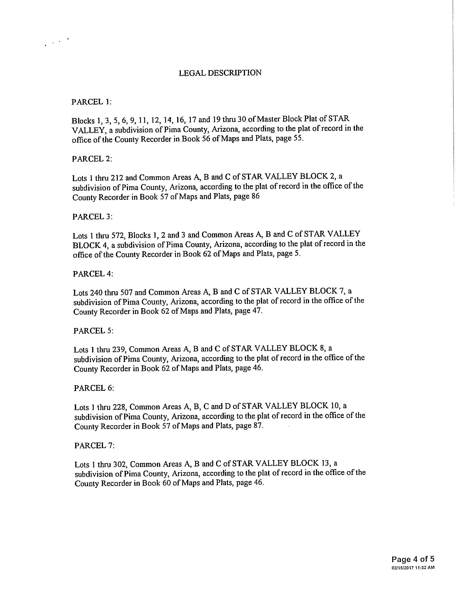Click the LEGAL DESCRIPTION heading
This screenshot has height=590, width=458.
(220, 73)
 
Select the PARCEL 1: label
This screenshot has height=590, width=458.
(91, 102)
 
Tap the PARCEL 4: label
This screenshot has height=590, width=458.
(93, 274)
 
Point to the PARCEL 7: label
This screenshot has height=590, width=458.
(94, 446)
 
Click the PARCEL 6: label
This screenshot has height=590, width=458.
(94, 388)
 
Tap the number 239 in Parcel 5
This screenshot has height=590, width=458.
(118, 350)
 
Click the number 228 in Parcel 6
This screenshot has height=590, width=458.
(119, 407)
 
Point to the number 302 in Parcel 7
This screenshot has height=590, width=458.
(119, 465)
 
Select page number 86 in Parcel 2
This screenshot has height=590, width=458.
(255, 196)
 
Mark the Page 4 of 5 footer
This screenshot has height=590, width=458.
(413, 559)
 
